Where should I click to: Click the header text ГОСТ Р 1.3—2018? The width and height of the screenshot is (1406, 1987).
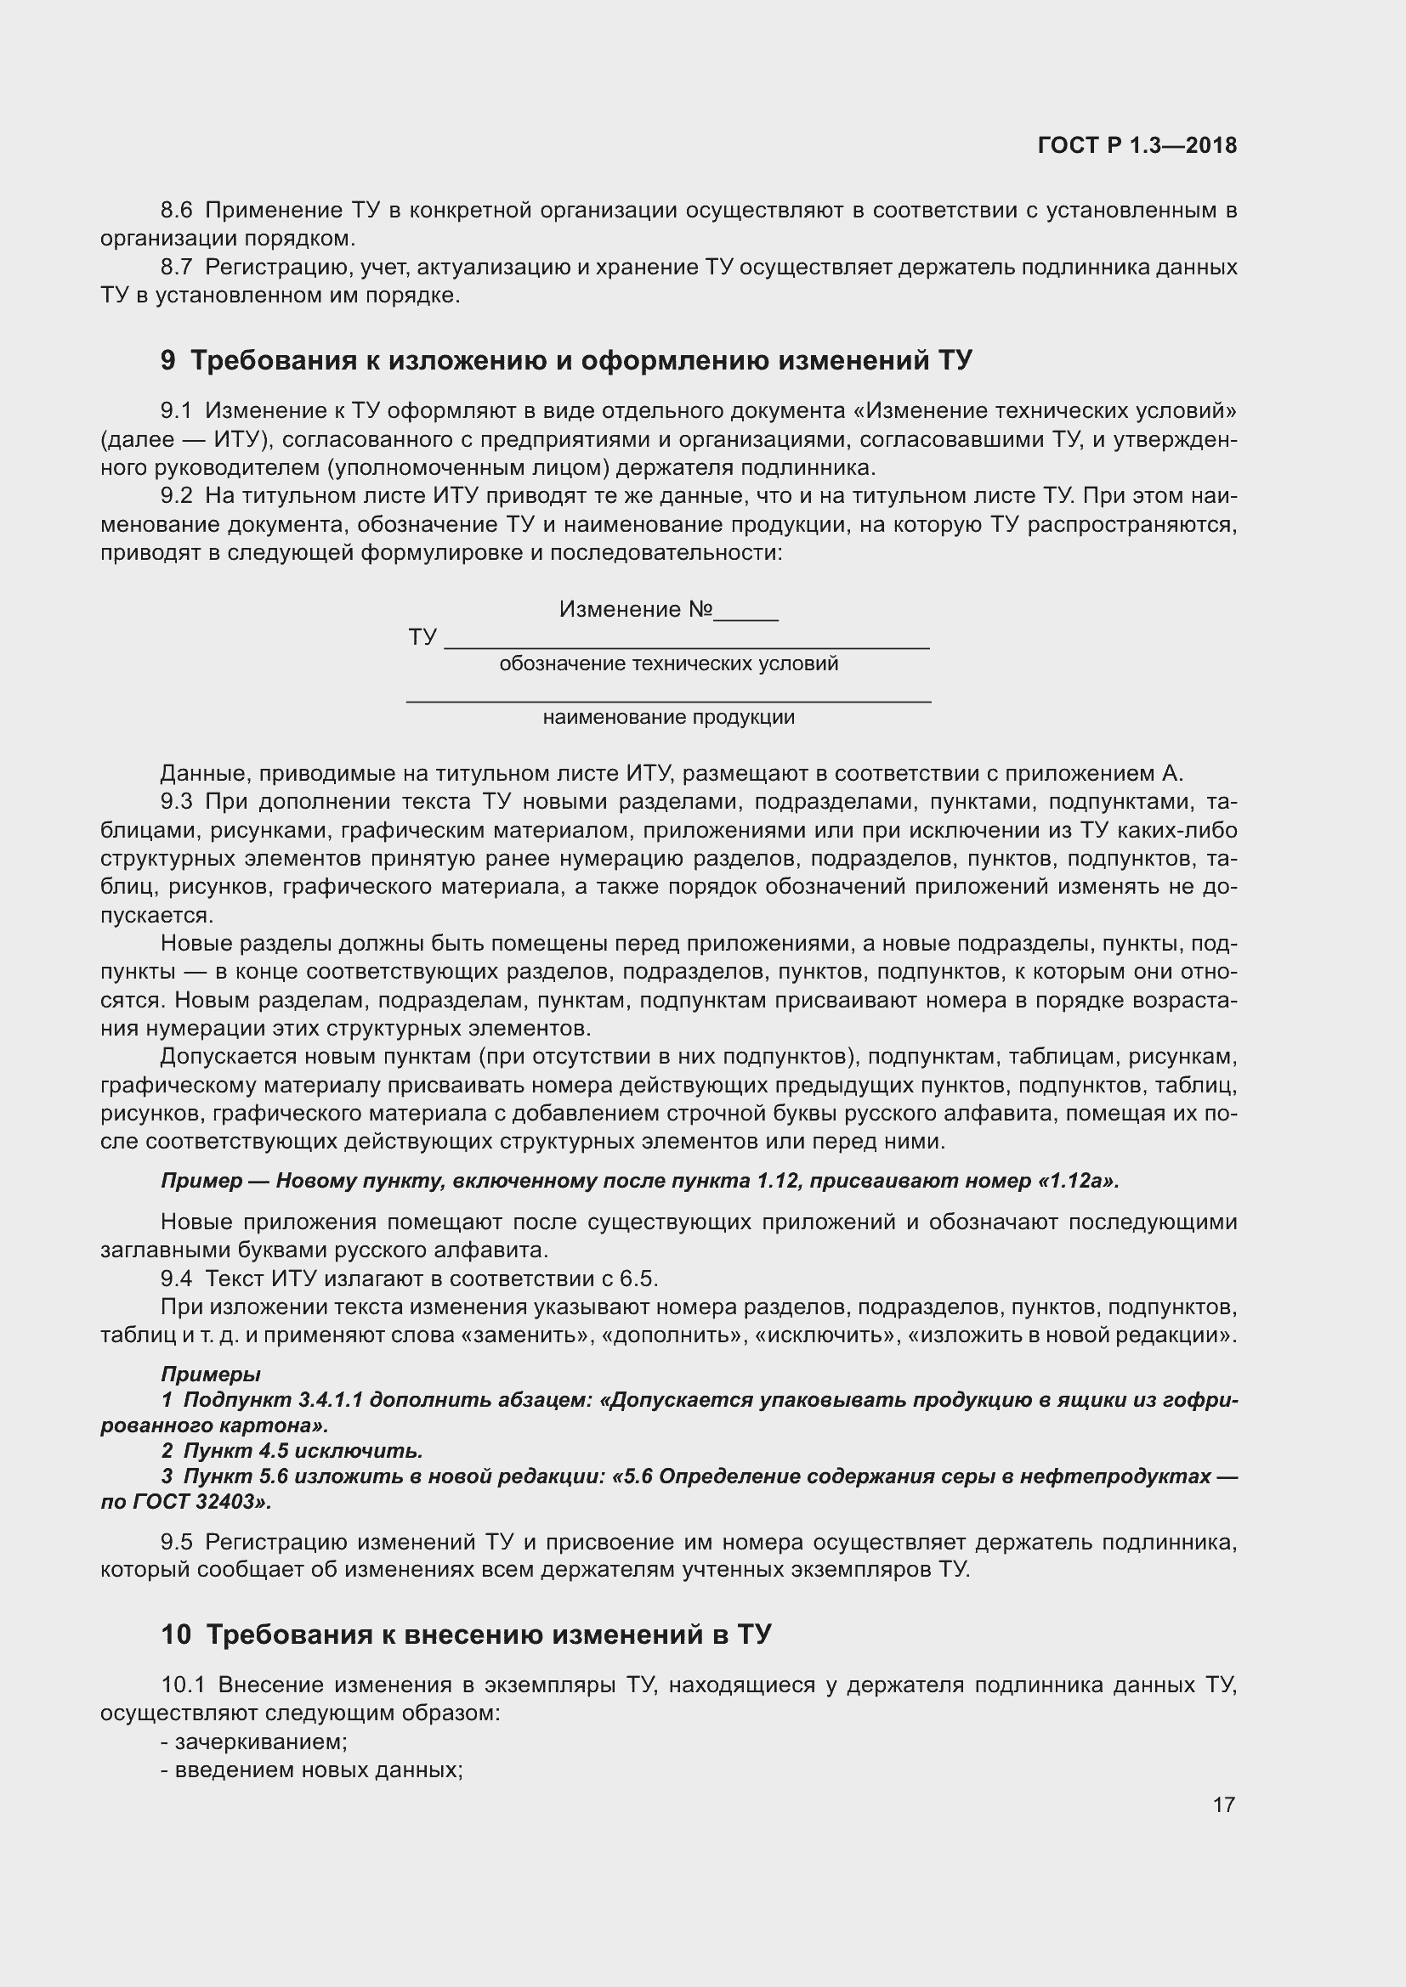pos(1137,145)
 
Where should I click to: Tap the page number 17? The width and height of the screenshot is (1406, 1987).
pos(1223,1804)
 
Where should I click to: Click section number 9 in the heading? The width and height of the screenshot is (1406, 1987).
pos(168,360)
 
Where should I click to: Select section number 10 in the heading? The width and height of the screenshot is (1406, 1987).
pos(176,1634)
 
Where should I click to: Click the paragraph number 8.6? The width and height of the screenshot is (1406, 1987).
pos(177,211)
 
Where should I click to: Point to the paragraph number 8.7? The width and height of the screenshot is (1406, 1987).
pos(177,267)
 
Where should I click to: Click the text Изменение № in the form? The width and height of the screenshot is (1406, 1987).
pos(636,609)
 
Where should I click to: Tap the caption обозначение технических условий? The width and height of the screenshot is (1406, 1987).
pos(668,663)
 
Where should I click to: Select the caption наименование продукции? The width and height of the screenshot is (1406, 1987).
pos(668,718)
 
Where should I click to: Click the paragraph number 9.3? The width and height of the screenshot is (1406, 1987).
pos(177,802)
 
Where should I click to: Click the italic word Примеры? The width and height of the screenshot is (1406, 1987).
pos(210,1375)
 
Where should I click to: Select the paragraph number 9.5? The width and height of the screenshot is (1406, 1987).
pos(177,1542)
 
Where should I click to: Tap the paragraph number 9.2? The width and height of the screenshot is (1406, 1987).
pos(177,496)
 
